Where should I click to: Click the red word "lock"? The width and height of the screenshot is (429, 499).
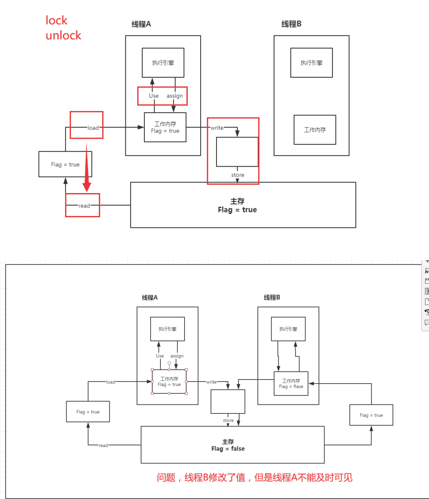coord(56,20)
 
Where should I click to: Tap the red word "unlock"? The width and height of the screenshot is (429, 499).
coord(63,35)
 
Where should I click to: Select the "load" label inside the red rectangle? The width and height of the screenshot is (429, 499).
coord(93,128)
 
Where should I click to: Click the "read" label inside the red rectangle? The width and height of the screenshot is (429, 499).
coord(84,206)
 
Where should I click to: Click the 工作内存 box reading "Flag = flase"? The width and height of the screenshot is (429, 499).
coord(291,384)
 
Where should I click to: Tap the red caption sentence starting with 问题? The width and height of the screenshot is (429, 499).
coord(254,478)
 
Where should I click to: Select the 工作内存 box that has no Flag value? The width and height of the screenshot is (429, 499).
coord(315,130)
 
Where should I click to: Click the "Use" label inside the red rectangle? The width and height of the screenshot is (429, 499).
coord(154,96)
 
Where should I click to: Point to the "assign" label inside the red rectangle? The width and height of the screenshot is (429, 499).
coord(174,96)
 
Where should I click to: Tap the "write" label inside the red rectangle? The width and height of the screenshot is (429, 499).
coord(217,128)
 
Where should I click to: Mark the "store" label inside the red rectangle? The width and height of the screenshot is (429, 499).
coord(238,175)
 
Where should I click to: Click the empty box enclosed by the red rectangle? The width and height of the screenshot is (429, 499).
coord(237,152)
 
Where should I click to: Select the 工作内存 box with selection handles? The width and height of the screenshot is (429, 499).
coord(169,382)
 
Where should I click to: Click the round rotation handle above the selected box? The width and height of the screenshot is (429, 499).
coord(170,363)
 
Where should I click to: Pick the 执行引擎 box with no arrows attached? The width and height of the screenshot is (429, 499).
coord(311,63)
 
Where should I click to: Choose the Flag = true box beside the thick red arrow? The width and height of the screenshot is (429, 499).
coord(65,164)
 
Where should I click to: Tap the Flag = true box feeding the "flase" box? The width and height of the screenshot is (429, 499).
coord(371,415)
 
